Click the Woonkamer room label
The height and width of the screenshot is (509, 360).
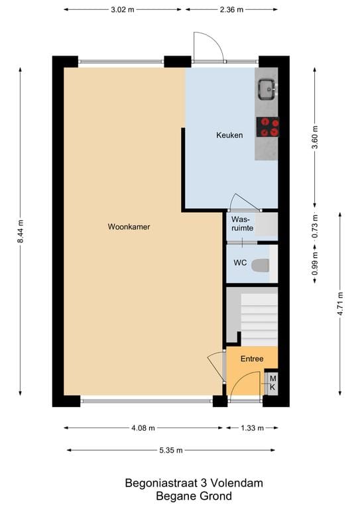[x=129, y=227]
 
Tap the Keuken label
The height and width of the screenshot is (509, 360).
[x=229, y=135]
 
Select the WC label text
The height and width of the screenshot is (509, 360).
[x=240, y=263]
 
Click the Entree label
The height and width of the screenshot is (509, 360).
[x=252, y=359]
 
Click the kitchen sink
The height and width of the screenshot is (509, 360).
[x=267, y=87]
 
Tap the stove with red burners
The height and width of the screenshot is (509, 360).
[x=267, y=127]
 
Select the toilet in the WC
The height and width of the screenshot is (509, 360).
[x=263, y=264]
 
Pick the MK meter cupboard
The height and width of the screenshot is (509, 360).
[x=271, y=383]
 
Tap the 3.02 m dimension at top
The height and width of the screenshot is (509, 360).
[x=124, y=10]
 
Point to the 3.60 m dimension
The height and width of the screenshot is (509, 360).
[x=316, y=137]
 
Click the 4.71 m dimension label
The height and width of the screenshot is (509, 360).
[x=341, y=302]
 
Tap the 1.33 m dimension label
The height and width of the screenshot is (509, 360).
[x=251, y=427]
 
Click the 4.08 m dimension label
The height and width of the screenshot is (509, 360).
[x=144, y=427]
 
